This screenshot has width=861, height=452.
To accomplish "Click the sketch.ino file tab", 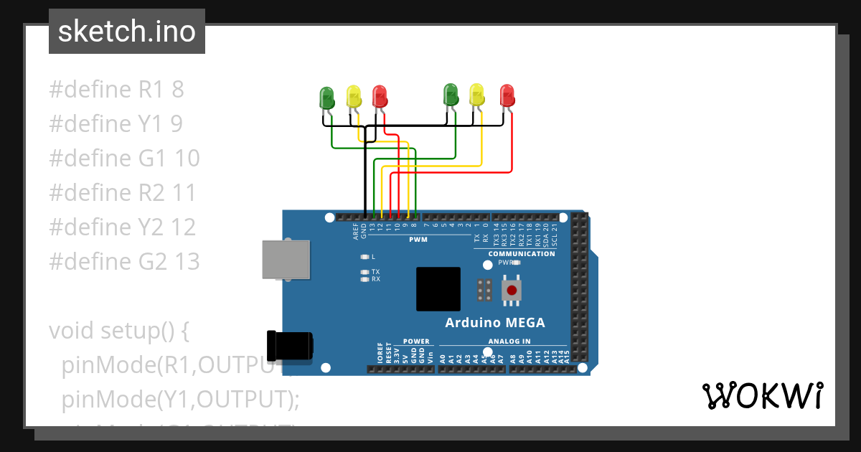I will point(127,32).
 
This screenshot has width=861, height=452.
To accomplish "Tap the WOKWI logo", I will point(762,395).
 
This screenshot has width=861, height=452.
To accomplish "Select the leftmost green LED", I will point(326,98).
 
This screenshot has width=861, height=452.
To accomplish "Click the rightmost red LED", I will point(507,95).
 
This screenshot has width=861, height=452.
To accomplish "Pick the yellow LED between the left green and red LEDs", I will point(353,97).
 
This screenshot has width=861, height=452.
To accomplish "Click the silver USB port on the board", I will point(286,259).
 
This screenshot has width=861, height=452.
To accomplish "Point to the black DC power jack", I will point(289,346).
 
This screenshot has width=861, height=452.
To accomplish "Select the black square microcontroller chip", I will point(438,289).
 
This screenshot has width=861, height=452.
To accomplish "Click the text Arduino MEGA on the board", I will point(495,322).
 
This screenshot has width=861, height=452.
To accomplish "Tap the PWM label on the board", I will point(418,239).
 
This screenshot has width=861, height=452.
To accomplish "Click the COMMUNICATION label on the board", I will point(522,253).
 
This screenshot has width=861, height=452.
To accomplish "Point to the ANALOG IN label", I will point(509,341).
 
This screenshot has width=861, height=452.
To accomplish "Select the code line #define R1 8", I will point(117,90).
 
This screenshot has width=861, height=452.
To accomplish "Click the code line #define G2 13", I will point(124,262).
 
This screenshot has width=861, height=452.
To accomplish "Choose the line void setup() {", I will point(118,331).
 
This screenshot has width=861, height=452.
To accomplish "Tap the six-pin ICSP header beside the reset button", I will point(484,290).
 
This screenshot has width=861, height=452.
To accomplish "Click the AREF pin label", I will point(356,230).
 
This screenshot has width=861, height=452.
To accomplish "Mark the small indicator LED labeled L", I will point(365,256).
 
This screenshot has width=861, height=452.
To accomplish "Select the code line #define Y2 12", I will point(123,227).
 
